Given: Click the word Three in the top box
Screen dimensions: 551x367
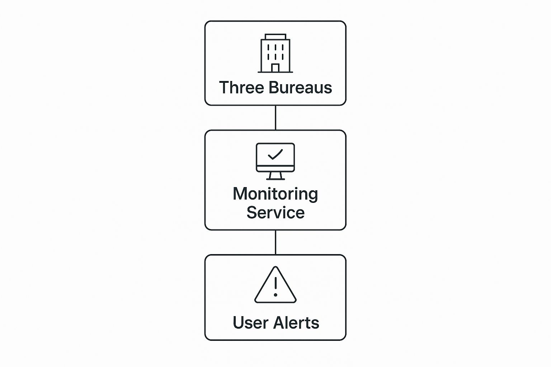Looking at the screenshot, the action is (x=241, y=87).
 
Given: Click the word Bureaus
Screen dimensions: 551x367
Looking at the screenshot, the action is (x=300, y=87).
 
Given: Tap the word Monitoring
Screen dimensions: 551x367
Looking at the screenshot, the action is (x=275, y=195).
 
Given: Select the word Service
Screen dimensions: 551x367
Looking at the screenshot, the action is (x=275, y=213).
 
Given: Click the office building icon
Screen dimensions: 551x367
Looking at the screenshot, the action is (x=275, y=53).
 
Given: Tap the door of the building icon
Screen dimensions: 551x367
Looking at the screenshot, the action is (x=275, y=68).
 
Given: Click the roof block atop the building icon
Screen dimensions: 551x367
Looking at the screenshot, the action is (x=275, y=37).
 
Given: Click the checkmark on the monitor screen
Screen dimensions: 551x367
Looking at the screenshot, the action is (x=275, y=154).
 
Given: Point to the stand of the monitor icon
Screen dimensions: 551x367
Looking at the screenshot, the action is (x=275, y=176).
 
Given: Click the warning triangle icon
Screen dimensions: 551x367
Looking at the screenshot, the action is (x=275, y=285).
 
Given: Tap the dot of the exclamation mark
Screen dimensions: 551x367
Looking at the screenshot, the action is (x=275, y=295).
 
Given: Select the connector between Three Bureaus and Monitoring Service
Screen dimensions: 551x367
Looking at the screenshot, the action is (x=275, y=118).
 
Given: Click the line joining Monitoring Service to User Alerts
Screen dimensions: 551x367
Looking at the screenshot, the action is (x=275, y=242).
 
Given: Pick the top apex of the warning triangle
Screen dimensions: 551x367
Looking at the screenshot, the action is (x=275, y=266).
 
